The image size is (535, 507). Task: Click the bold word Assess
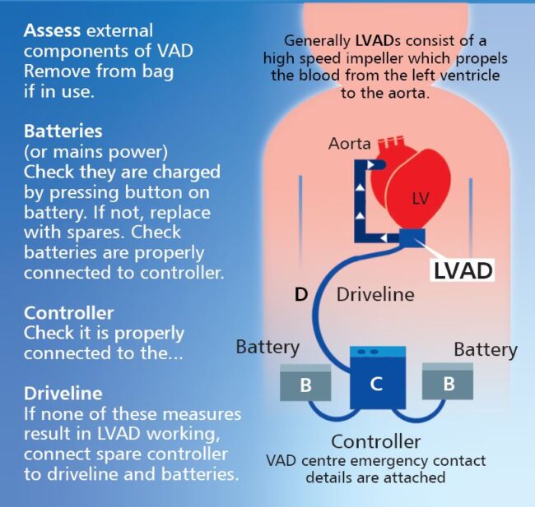click(x=52, y=30)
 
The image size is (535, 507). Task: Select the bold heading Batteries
click(x=63, y=131)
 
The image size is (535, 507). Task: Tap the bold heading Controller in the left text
click(x=68, y=313)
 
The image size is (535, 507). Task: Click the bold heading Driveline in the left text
click(x=63, y=394)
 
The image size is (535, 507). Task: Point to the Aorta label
click(x=349, y=144)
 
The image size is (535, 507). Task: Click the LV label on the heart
click(x=420, y=198)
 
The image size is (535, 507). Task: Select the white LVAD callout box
click(x=463, y=270)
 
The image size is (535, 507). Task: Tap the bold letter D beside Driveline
click(x=301, y=294)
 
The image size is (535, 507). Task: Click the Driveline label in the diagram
click(x=375, y=294)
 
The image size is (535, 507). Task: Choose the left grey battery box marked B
click(x=305, y=382)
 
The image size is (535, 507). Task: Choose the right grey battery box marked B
click(x=448, y=381)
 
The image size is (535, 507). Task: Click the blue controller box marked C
click(x=378, y=378)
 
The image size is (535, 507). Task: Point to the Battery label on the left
click(x=267, y=348)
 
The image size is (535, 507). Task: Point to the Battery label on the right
click(x=486, y=350)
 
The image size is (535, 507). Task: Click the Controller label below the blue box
click(x=375, y=441)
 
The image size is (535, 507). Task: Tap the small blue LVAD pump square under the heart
click(x=412, y=237)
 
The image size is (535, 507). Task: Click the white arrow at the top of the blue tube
click(x=371, y=165)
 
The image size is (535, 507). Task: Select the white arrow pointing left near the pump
click(x=384, y=237)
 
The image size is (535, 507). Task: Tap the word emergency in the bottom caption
click(x=388, y=461)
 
